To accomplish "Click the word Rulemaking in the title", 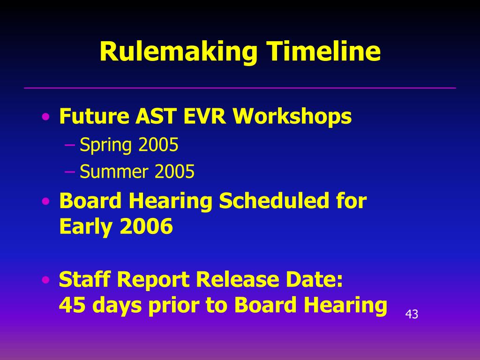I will pyautogui.click(x=178, y=52).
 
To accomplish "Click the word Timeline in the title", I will pyautogui.click(x=323, y=52).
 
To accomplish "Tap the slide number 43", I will pyautogui.click(x=411, y=315).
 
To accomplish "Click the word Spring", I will pyautogui.click(x=106, y=146).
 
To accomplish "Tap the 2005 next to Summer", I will pyautogui.click(x=174, y=172).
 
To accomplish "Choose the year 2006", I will pyautogui.click(x=146, y=227).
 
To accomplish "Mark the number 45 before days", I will pyautogui.click(x=72, y=306).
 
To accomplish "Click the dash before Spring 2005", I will pyautogui.click(x=70, y=145).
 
